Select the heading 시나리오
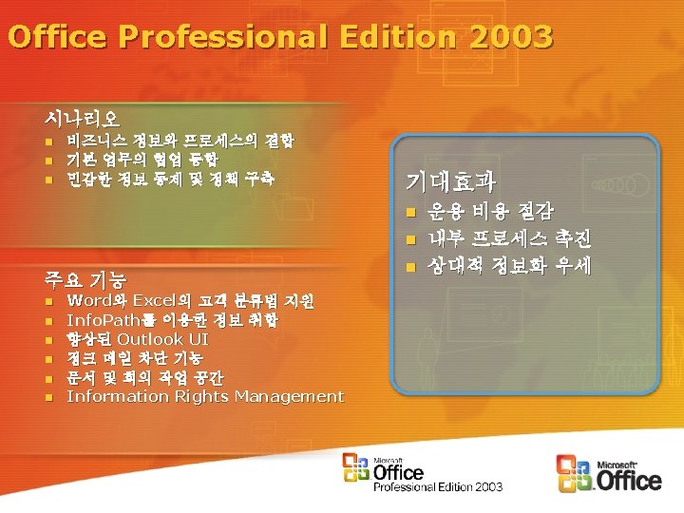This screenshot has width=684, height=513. tap(82, 119)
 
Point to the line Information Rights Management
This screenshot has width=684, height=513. tap(204, 396)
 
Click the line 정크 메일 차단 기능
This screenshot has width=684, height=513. tap(134, 358)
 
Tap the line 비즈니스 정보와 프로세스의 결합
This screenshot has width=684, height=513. tap(180, 141)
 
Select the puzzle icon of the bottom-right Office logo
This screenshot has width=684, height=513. tap(574, 471)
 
